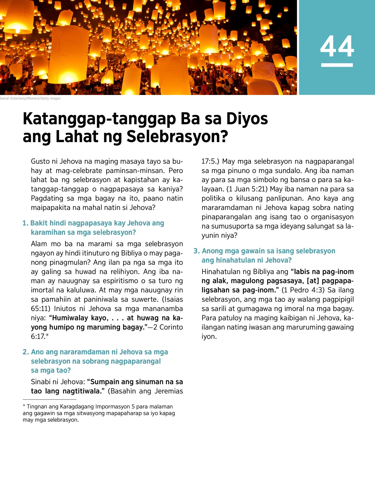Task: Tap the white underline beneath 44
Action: (337, 65)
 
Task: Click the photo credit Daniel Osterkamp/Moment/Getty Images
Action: (30, 98)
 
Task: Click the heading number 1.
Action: (25, 223)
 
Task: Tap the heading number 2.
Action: (25, 352)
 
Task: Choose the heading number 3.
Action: (196, 251)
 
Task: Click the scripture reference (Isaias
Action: (172, 299)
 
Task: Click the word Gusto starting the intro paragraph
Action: (40, 161)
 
